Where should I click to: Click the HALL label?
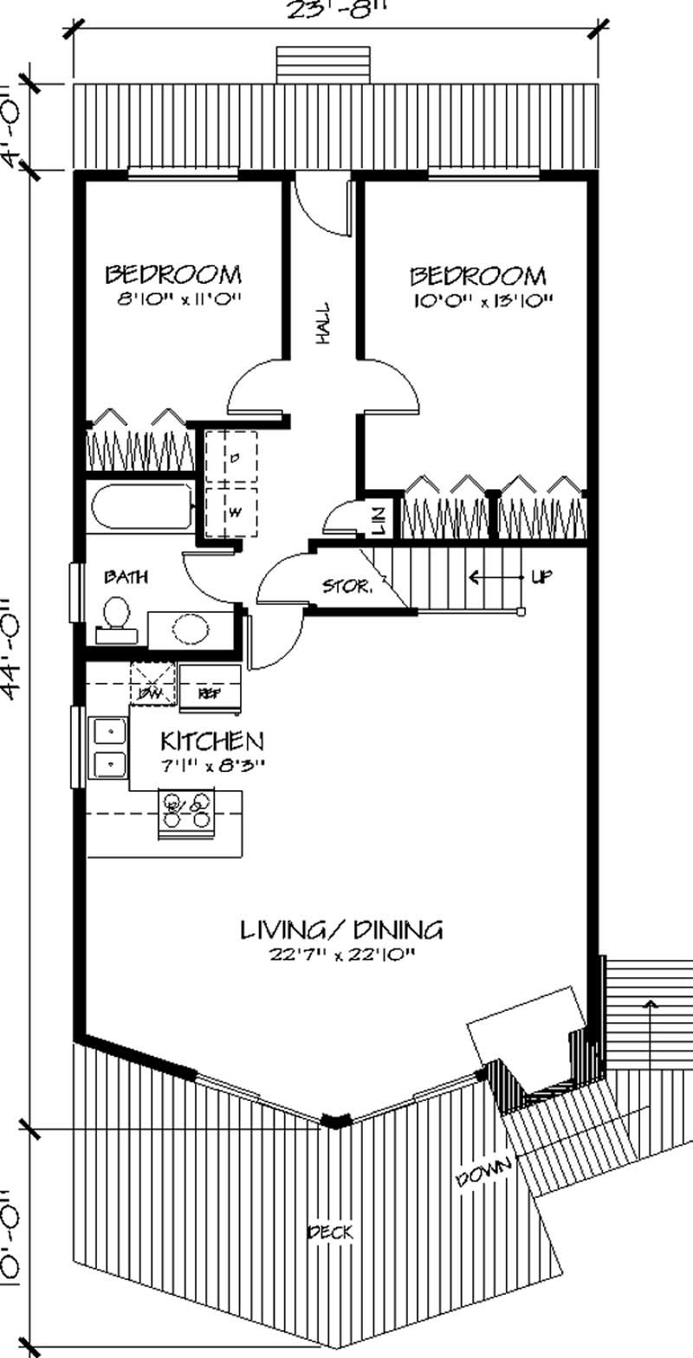(x=323, y=324)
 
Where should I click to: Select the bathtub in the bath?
(x=140, y=508)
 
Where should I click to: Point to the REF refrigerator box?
(x=209, y=692)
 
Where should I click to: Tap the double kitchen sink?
(x=110, y=749)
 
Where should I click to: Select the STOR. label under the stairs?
(x=347, y=587)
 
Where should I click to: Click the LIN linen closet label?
(x=379, y=520)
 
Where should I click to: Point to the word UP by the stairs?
(x=541, y=576)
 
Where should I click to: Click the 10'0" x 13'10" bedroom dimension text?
(x=479, y=301)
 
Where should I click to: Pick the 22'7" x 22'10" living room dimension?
(x=340, y=956)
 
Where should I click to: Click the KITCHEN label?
(x=212, y=741)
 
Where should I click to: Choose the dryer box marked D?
(x=232, y=457)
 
